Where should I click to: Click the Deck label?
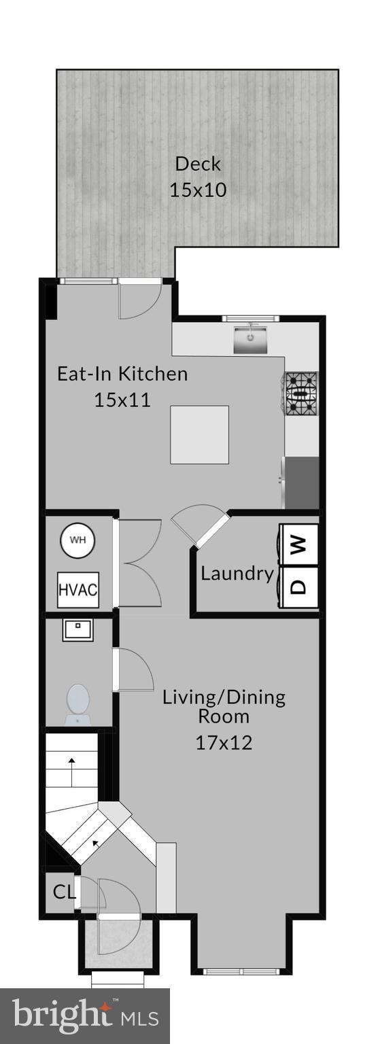coord(198,164)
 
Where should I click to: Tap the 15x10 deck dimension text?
coord(198,190)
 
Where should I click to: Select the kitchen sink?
coord(250,339)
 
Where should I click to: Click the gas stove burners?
coord(301,394)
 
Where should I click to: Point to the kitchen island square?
coord(199,434)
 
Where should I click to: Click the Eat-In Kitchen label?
coord(122,374)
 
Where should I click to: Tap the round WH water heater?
coord(78,541)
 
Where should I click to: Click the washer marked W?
coord(300,544)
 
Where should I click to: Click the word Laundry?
coord(237,574)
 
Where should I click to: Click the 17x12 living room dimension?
coord(224,742)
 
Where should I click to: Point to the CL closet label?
coord(64,892)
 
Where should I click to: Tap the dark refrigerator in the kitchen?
coord(302,483)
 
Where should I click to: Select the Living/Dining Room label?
coord(224,706)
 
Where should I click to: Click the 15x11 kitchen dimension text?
coord(122,400)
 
